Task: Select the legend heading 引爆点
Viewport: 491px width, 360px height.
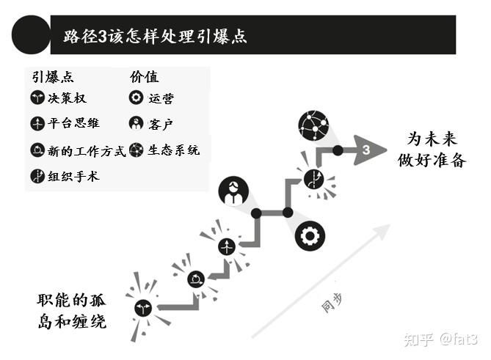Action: (52, 77)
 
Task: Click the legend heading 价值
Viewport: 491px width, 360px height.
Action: (144, 77)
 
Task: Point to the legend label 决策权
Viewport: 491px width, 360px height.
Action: (67, 98)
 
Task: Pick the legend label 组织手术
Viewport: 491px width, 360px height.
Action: (73, 177)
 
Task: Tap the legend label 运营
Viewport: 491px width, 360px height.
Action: (161, 98)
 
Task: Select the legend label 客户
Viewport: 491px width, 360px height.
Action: (161, 123)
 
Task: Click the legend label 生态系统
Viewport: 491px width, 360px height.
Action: (173, 150)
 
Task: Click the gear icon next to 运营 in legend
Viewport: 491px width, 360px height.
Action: (136, 98)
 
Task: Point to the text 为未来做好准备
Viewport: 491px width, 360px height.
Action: (437, 149)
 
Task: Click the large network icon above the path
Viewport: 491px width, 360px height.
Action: (313, 125)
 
